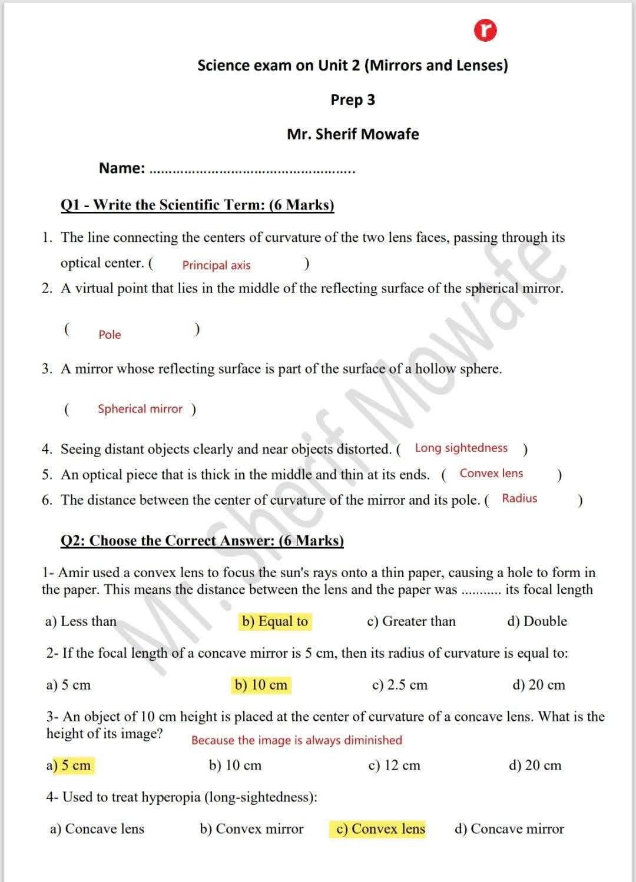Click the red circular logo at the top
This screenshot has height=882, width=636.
pos(486,31)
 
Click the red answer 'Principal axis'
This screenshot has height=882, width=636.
pos(216,265)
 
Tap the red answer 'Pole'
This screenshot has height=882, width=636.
pos(110,335)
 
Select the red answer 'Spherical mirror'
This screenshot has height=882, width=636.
pos(140,409)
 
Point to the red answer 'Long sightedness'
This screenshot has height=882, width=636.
pos(461,448)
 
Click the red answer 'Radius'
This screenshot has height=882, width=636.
pos(519,499)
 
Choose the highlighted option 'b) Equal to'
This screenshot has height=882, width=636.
pos(275,622)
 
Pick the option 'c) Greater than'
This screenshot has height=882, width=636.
pos(411,622)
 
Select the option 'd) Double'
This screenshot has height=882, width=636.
pos(537,622)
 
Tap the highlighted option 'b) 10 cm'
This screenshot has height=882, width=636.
pos(261,685)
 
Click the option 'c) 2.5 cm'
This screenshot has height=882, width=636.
pos(400,685)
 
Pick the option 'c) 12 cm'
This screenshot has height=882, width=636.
pos(394,766)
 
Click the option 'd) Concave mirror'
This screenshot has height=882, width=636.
pos(509,830)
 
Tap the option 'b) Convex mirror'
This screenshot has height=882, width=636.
pos(251,830)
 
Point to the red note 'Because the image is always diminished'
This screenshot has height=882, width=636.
pos(297,741)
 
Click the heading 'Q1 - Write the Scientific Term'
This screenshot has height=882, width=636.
pos(197,205)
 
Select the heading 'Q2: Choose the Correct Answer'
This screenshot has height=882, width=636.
pos(202,541)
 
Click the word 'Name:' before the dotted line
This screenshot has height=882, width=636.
pos(122,168)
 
